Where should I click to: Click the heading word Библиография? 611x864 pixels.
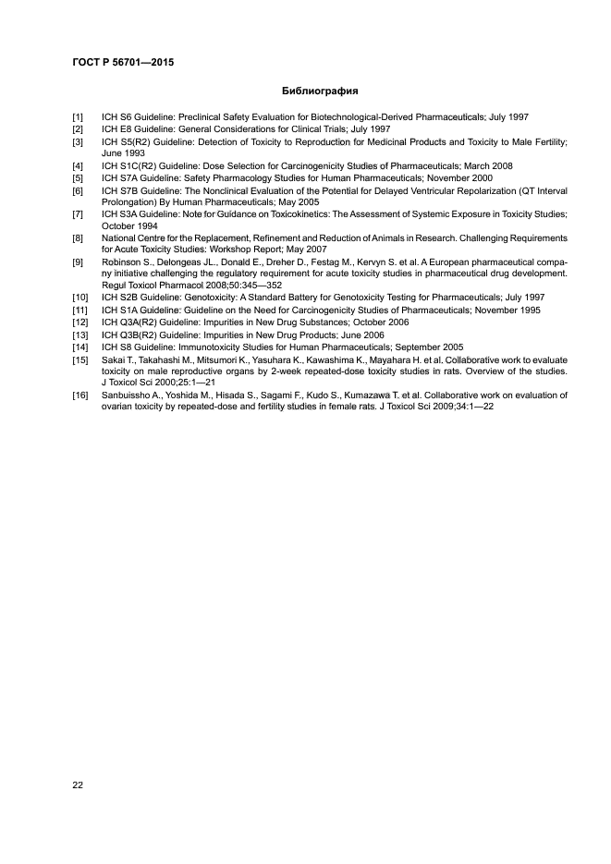(319, 92)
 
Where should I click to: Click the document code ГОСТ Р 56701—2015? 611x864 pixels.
(123, 63)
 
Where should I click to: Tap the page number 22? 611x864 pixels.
(78, 785)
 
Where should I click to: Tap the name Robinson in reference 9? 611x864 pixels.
(122, 262)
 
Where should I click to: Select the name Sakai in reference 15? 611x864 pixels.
(115, 358)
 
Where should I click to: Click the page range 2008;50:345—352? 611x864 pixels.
(223, 286)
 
